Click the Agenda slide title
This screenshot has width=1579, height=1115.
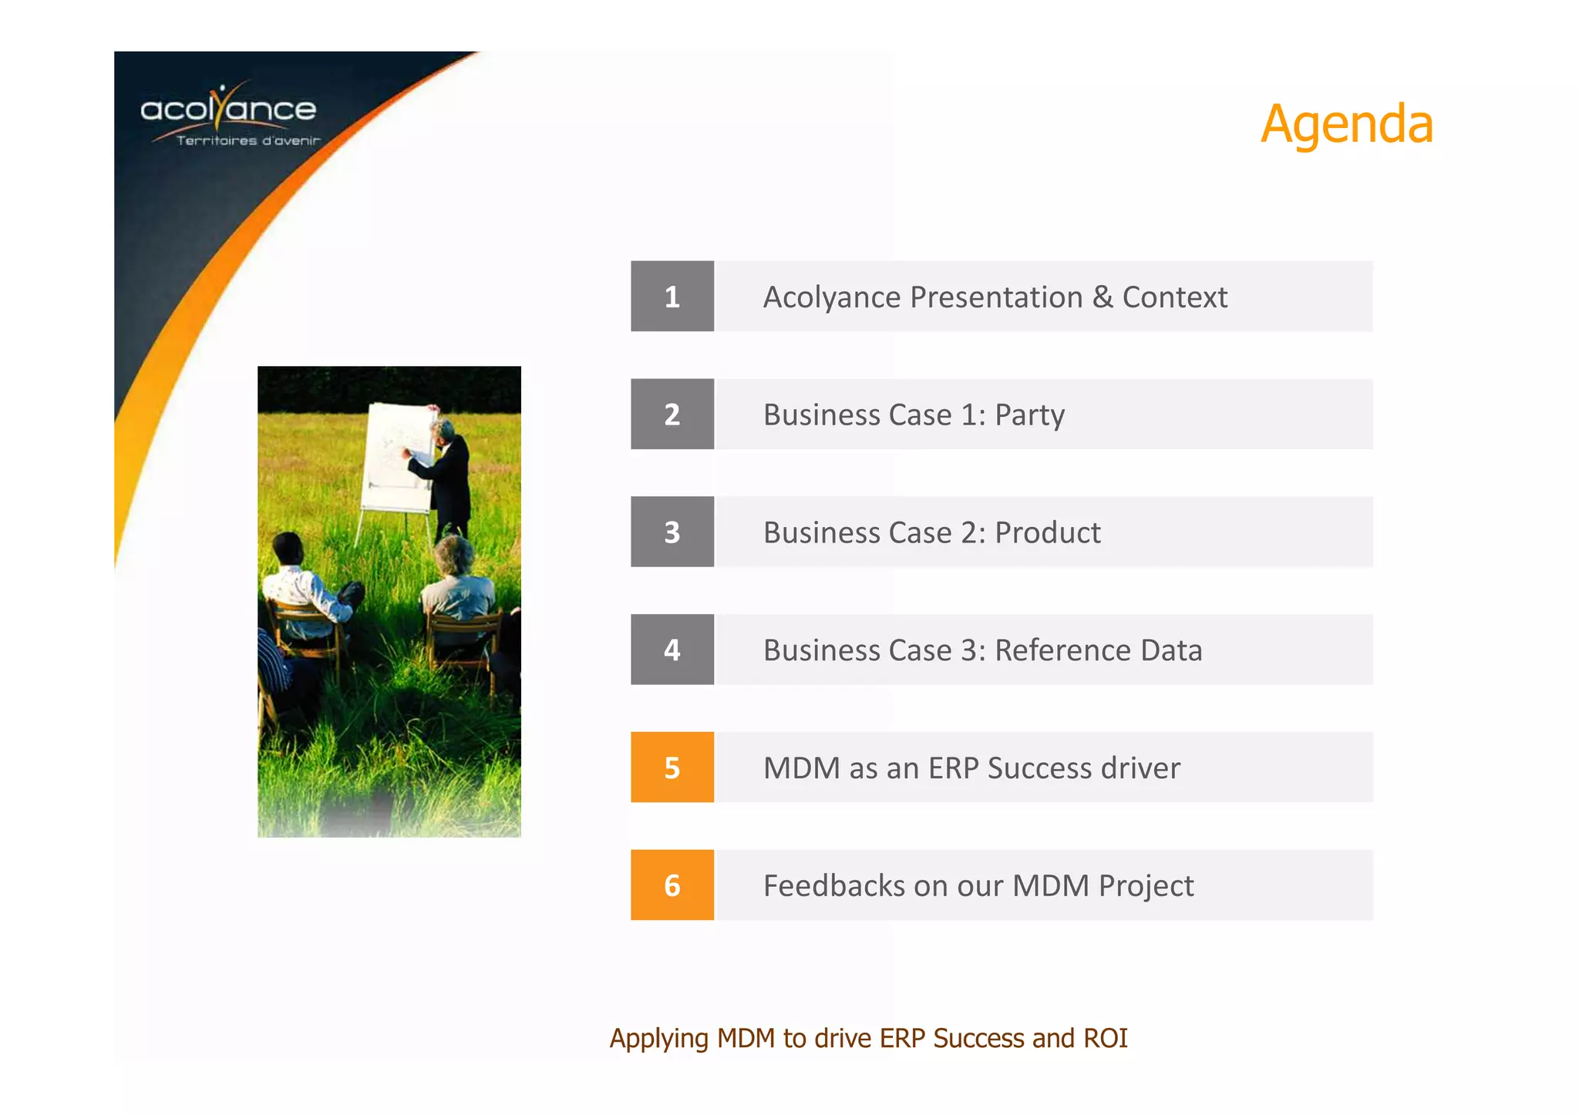tap(1346, 125)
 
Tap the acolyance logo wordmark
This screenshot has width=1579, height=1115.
tap(228, 109)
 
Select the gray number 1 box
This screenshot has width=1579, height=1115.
tap(672, 297)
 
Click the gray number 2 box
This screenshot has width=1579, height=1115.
tap(672, 415)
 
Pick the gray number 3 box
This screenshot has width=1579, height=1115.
tap(672, 532)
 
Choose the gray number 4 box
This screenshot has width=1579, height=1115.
tap(672, 650)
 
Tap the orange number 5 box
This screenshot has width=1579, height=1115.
tap(672, 767)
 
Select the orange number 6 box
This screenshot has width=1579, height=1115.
tap(672, 885)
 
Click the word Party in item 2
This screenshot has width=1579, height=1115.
tap(1029, 415)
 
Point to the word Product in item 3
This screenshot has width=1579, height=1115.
tap(1047, 533)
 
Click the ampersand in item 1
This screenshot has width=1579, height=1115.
tap(1103, 297)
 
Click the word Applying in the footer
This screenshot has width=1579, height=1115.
tap(658, 1039)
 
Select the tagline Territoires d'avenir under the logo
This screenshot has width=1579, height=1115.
tap(247, 141)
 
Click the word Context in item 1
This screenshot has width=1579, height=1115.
tap(1174, 297)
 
